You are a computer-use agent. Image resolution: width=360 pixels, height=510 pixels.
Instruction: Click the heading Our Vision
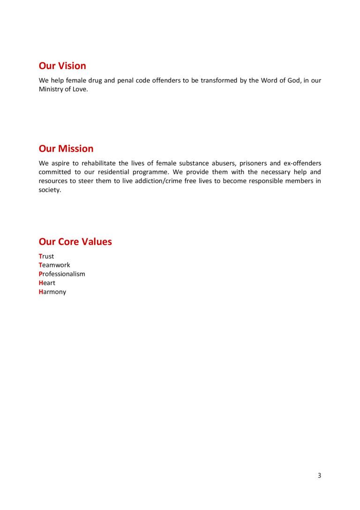click(62, 66)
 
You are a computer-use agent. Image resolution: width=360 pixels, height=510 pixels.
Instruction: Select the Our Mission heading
click(66, 149)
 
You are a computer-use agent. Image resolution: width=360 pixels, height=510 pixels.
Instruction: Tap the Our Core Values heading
click(75, 242)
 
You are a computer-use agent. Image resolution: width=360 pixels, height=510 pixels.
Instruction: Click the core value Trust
click(46, 256)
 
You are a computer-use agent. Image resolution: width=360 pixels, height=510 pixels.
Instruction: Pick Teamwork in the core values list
click(54, 265)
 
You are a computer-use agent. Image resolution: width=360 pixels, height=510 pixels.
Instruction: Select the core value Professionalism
click(62, 274)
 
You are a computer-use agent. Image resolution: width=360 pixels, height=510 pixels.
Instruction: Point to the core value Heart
click(47, 283)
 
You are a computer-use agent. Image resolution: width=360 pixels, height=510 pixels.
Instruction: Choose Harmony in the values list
click(52, 292)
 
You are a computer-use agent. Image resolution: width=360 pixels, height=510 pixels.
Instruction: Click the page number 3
click(319, 475)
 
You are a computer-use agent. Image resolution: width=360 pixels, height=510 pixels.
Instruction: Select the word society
click(49, 190)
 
